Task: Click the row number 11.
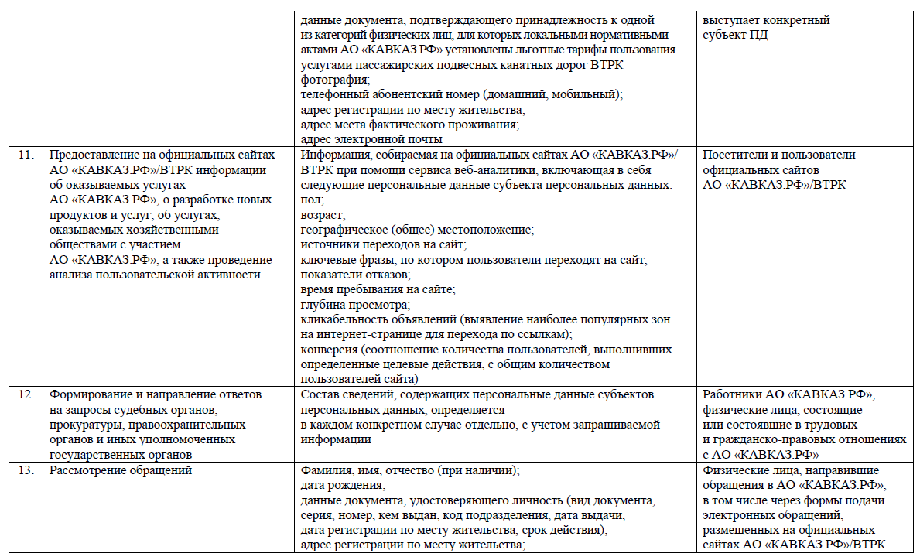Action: tap(26, 155)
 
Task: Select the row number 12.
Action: tap(26, 394)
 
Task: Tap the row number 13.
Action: tap(26, 470)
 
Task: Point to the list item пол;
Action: tap(311, 199)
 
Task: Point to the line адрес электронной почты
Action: tap(371, 139)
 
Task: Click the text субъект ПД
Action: tap(735, 35)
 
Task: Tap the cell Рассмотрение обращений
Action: tap(120, 470)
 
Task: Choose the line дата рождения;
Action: tap(343, 485)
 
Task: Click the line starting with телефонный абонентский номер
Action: tap(461, 94)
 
